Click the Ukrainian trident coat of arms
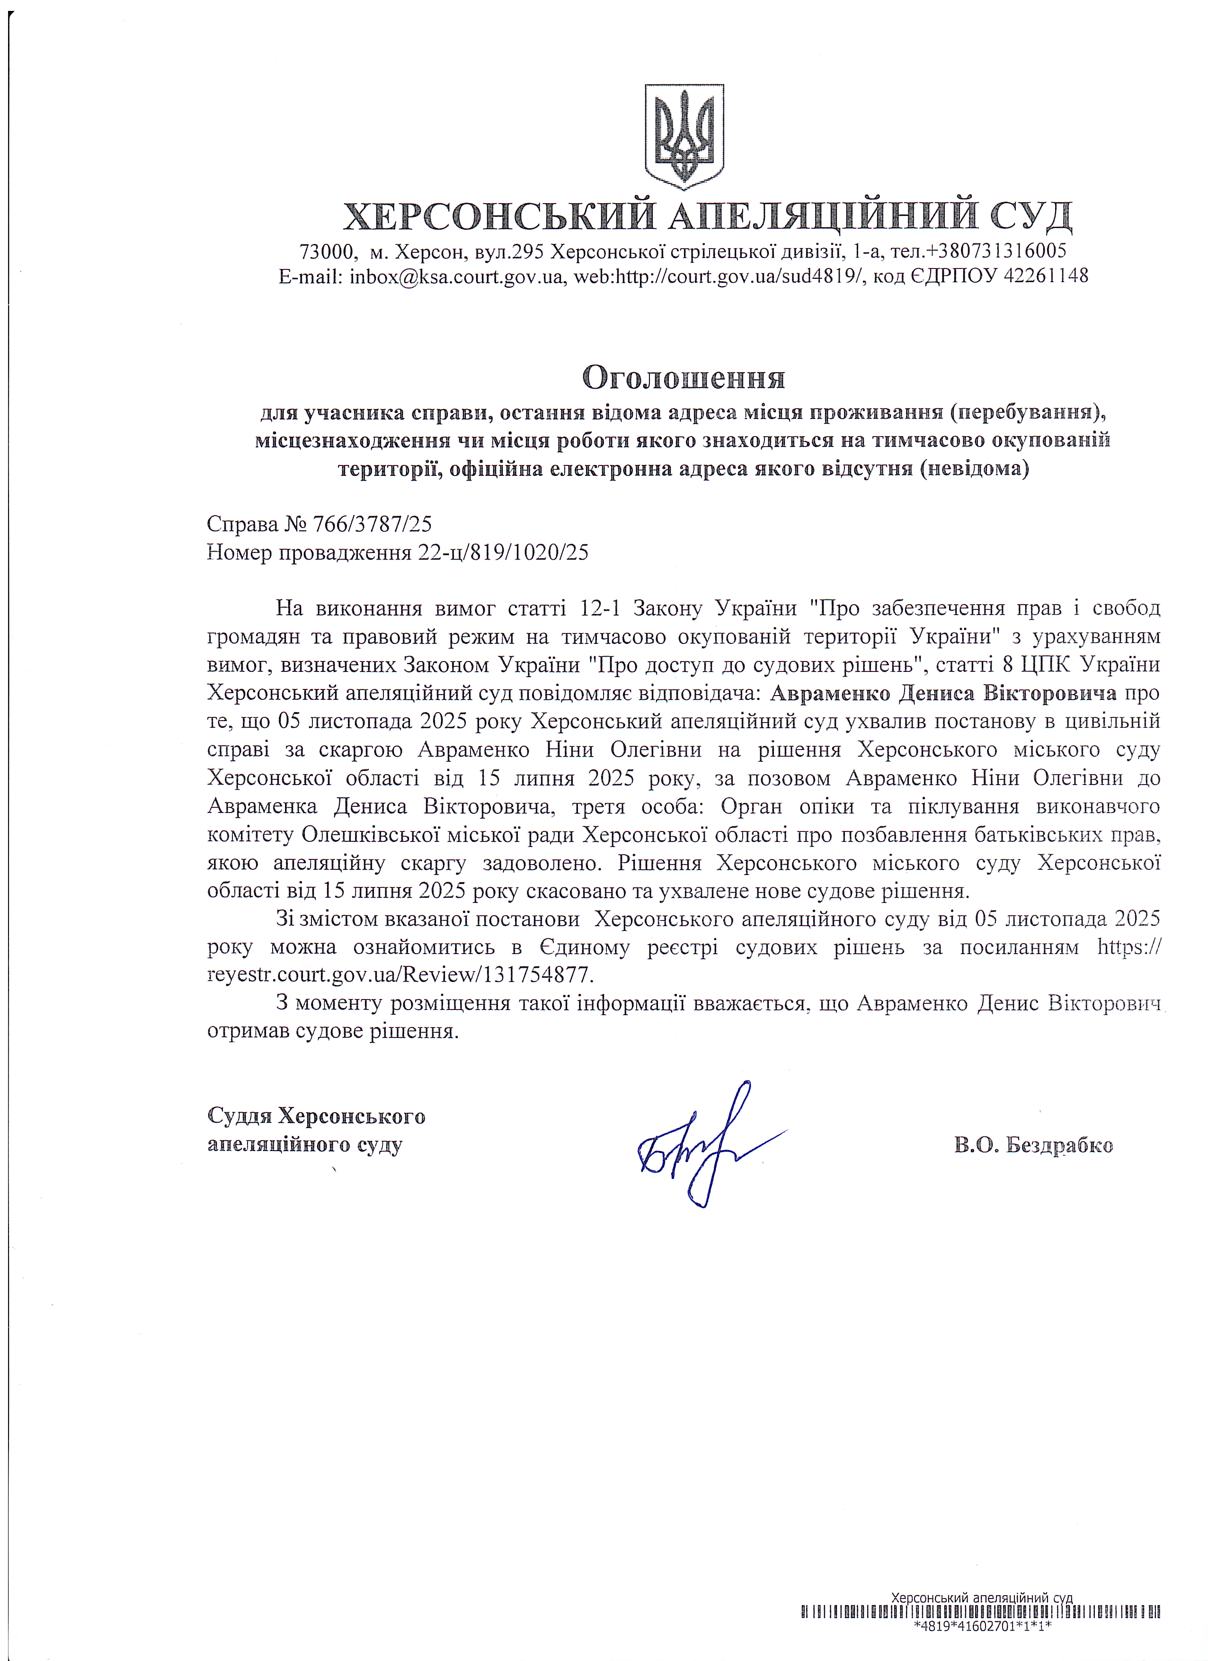click(x=684, y=137)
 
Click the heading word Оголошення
click(x=683, y=378)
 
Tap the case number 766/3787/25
click(x=372, y=524)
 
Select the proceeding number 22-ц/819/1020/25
click(x=503, y=552)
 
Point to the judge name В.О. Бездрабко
click(x=1033, y=1145)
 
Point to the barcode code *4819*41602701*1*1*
click(x=982, y=1646)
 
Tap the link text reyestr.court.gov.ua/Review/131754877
click(x=400, y=975)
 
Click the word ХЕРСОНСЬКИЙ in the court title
click(x=499, y=215)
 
